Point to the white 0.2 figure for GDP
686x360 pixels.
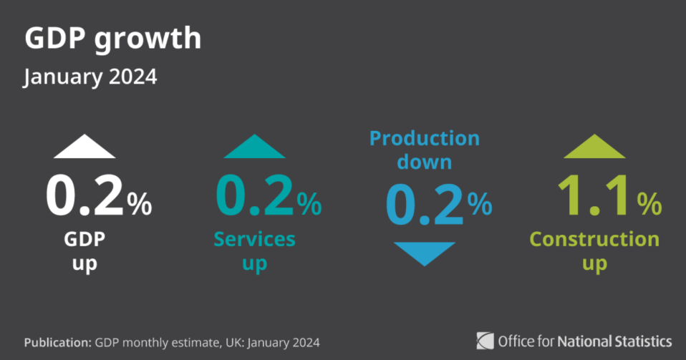pos(84,195)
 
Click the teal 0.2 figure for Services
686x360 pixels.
pos(255,195)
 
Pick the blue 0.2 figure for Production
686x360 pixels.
pos(425,204)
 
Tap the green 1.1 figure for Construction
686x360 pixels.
pos(594,195)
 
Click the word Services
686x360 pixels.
pos(255,239)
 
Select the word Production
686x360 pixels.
pos(425,139)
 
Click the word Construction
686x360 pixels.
pos(594,239)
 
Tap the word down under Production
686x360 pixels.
pos(425,162)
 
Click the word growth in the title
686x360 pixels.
pos(148,39)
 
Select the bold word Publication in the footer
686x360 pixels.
pos(58,342)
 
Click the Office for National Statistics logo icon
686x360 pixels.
pos(485,341)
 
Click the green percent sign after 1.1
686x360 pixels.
pos(649,204)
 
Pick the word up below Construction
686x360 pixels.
pos(594,264)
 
